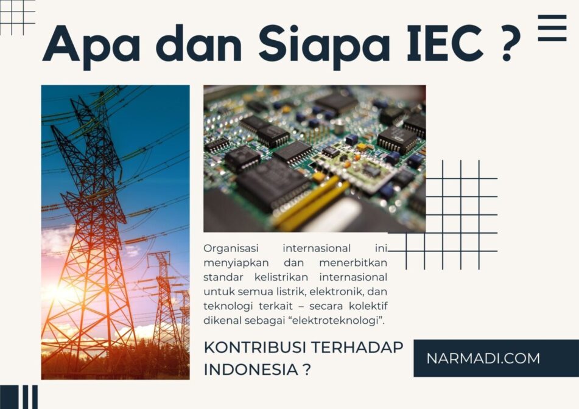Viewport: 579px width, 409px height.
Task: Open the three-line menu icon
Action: click(552, 28)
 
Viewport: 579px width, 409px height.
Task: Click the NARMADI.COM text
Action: click(483, 358)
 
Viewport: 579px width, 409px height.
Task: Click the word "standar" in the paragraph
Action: click(224, 277)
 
